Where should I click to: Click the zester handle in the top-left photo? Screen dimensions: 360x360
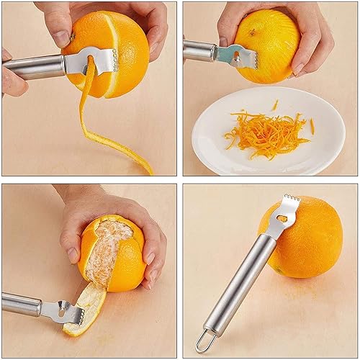click(32, 67)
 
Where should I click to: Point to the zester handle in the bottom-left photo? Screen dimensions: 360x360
click(25, 302)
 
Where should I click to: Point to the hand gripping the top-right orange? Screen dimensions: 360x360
click(302, 36)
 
